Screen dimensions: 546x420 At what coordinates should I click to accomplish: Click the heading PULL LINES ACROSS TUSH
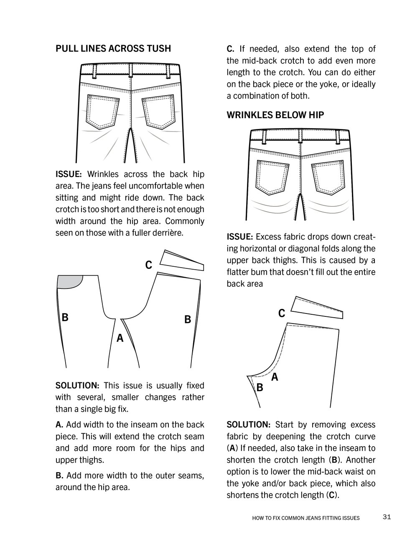coord(113,48)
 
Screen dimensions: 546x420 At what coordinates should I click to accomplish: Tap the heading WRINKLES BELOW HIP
coord(275,115)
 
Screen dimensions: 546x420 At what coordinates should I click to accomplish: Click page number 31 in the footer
coord(386,517)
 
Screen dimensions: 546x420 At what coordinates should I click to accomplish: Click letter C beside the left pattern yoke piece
coord(148,265)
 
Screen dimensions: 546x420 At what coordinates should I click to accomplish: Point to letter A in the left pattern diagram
coord(120,339)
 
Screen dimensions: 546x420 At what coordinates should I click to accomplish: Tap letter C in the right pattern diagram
coord(281,313)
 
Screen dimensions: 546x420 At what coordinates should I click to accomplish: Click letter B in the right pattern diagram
coord(260,387)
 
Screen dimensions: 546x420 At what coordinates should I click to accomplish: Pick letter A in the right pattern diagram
coord(275,378)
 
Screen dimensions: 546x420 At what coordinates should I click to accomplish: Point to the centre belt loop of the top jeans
coord(131,70)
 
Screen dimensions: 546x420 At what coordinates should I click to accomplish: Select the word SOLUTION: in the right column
coord(248,425)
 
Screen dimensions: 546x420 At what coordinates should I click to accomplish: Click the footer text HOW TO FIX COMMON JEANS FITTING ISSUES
coord(306,518)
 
